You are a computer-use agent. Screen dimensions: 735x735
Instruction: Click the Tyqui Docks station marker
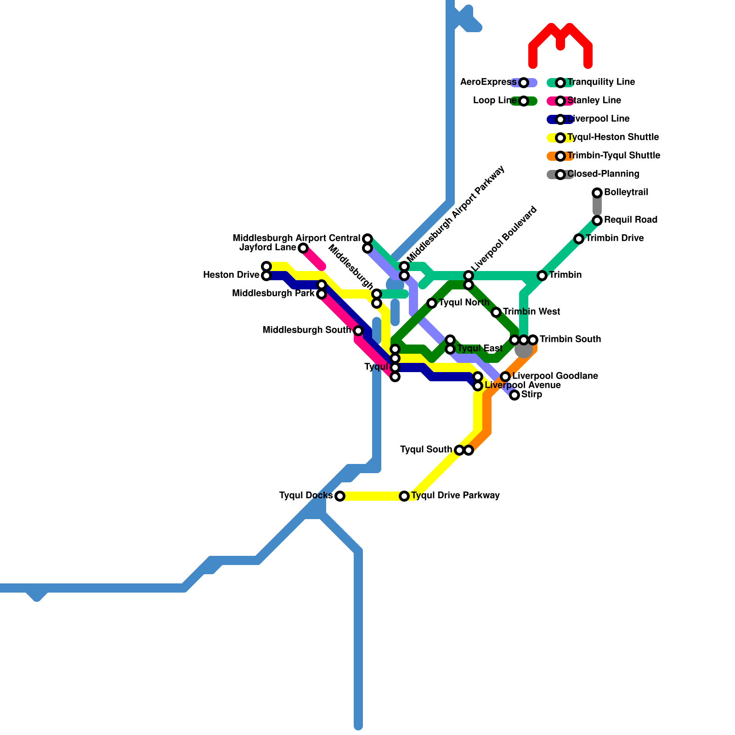[x=340, y=496]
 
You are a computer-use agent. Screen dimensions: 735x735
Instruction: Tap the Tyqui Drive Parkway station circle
[x=404, y=496]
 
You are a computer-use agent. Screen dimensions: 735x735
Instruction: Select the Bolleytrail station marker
[x=597, y=193]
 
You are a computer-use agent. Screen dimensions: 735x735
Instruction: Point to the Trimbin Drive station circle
[x=579, y=239]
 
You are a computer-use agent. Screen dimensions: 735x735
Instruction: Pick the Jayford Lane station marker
[x=303, y=248]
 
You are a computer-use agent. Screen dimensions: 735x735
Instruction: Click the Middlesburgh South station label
[x=306, y=330]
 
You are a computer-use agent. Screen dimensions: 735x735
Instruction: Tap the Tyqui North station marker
[x=432, y=303]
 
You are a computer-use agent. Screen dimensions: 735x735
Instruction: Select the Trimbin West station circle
[x=496, y=312]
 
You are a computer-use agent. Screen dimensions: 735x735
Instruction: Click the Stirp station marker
[x=514, y=395]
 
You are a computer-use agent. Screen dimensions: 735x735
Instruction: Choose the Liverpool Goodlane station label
[x=555, y=376]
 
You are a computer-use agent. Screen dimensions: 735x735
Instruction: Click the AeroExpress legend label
[x=488, y=82]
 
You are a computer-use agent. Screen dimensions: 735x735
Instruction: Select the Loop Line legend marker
[x=524, y=101]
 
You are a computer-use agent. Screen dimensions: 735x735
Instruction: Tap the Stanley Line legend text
[x=594, y=101]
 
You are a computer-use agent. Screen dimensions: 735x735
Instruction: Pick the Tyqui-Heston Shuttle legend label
[x=613, y=137]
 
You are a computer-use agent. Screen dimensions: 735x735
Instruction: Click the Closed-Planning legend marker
[x=560, y=175]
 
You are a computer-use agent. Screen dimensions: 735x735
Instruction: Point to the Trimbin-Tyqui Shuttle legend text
[x=614, y=156]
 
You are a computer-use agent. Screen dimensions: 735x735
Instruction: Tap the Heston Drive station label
[x=231, y=275]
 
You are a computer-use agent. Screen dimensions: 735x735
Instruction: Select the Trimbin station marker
[x=542, y=276]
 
